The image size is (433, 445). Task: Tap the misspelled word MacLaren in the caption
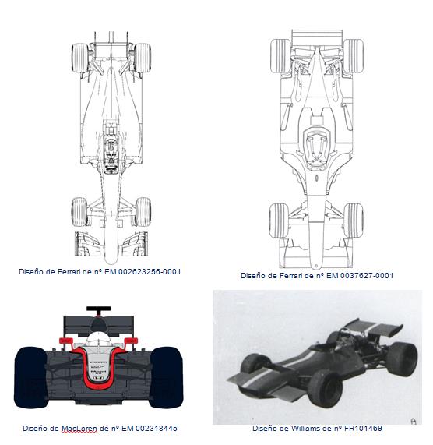coord(79,429)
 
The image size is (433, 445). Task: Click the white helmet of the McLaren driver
coord(97,339)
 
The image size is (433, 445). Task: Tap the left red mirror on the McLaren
coord(65,341)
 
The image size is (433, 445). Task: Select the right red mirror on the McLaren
coord(131,341)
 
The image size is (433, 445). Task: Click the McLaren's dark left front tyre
coord(30,377)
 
